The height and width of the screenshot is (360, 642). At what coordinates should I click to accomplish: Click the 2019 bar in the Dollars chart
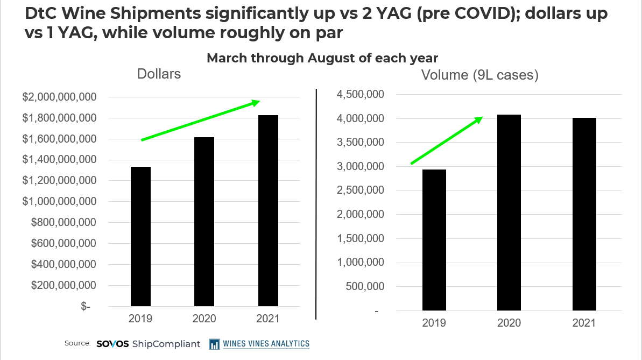140,237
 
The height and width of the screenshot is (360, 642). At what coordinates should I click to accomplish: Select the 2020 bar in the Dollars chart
204,222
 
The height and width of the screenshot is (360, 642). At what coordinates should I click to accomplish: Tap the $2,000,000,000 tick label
59,97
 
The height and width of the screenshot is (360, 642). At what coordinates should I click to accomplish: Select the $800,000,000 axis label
63,222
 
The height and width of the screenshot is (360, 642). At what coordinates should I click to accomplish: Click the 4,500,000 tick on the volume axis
360,95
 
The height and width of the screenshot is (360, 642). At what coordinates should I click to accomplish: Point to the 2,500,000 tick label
360,190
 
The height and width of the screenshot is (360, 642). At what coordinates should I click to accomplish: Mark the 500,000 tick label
364,286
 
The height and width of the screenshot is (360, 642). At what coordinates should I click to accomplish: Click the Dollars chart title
159,74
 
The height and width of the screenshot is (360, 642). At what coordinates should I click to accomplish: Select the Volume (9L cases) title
480,75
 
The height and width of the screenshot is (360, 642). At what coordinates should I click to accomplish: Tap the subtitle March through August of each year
322,58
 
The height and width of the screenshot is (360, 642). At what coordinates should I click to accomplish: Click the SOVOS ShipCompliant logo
149,343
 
